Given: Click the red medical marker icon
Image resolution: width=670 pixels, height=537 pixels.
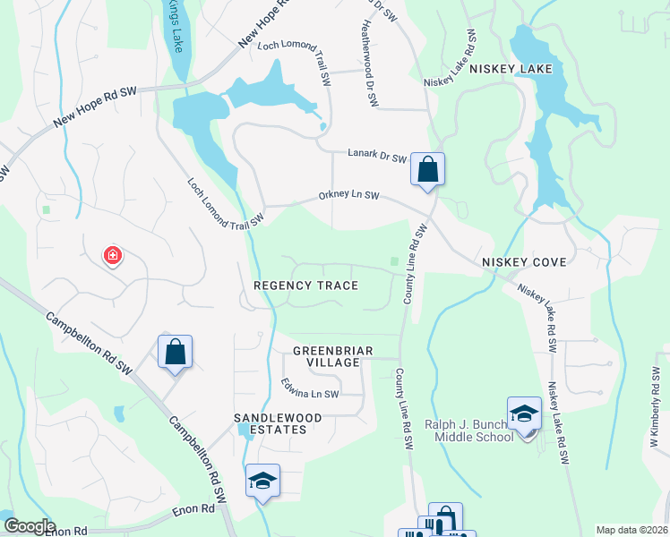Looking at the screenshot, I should tap(113, 257).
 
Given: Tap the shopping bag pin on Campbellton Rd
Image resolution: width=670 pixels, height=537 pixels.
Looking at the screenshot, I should tap(175, 352).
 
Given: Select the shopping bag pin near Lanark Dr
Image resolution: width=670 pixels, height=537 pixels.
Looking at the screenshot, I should tap(428, 169).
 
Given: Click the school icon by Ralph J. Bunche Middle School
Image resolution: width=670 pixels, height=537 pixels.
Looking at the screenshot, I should tap(524, 413).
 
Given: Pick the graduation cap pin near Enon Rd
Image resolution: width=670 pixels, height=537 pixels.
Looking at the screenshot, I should tap(262, 481).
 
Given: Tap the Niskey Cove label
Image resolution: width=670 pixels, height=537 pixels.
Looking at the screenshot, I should tap(524, 262).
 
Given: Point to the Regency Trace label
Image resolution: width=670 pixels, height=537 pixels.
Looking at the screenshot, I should tap(306, 286).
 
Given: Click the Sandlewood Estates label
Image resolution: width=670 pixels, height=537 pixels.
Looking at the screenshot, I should tap(271, 423).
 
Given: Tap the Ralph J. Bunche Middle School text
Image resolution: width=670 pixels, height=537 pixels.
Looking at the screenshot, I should tap(473, 430).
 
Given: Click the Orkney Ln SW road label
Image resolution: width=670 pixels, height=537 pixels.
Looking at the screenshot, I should tap(349, 196).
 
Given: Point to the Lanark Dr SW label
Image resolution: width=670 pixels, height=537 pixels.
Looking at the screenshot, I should tap(380, 156).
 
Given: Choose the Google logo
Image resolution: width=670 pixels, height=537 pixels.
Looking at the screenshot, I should tap(30, 526).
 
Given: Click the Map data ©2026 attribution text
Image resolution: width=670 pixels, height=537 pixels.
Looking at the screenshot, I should tap(631, 530).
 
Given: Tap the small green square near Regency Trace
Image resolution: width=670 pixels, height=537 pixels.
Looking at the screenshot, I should tap(394, 262).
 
